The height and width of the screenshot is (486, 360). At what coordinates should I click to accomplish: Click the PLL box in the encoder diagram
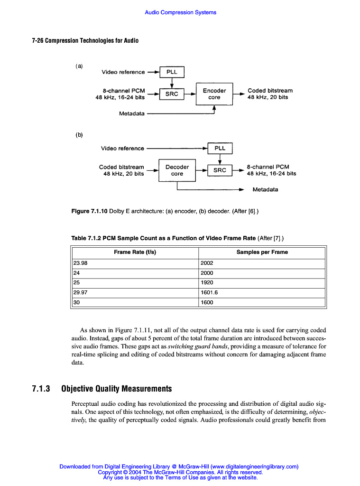(x=172, y=72)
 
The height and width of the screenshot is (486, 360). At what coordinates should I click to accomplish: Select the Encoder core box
(x=214, y=94)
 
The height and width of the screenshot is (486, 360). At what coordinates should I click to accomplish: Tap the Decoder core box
(x=177, y=170)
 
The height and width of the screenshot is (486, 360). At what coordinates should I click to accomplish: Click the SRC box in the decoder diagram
(x=220, y=170)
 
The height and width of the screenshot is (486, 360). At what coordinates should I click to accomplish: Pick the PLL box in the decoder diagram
(x=220, y=148)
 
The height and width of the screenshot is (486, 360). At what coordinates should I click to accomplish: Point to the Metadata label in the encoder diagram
(x=132, y=113)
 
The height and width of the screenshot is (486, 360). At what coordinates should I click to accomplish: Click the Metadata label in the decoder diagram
(x=265, y=189)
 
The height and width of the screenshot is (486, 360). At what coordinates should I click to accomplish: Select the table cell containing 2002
(x=207, y=263)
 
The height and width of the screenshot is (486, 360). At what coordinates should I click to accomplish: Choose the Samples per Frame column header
(x=262, y=252)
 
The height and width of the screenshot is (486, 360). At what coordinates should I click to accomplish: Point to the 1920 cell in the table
(x=207, y=283)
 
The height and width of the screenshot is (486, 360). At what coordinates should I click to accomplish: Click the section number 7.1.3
(x=41, y=389)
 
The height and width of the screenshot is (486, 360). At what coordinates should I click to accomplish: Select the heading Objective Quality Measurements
(x=117, y=389)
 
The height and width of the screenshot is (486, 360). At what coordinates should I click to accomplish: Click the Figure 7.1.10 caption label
(x=89, y=211)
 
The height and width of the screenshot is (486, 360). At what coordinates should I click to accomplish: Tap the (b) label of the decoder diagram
(x=79, y=135)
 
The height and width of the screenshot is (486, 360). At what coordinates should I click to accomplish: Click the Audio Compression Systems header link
(x=180, y=12)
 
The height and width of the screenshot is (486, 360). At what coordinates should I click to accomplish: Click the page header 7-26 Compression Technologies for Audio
(x=85, y=41)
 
